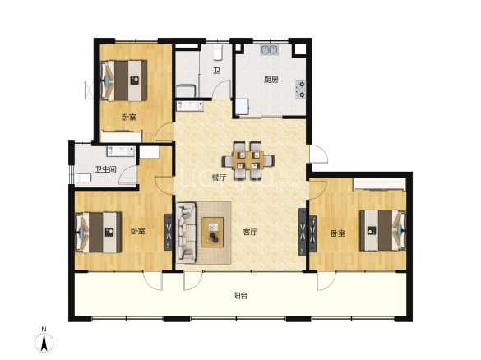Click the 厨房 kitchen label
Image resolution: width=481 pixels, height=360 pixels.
click(x=271, y=80)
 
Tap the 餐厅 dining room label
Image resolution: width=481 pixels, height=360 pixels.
click(x=220, y=178)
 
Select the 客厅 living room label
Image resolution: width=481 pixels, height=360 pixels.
click(x=250, y=232)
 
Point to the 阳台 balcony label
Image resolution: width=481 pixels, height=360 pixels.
click(x=240, y=296)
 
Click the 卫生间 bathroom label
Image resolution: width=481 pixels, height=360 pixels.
click(x=105, y=169)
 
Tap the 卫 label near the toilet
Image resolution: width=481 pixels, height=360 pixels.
click(x=216, y=71)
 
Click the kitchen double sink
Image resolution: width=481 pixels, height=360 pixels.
click(x=270, y=49)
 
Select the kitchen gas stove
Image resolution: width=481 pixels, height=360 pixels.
click(x=301, y=90)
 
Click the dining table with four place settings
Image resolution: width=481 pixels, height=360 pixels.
click(x=248, y=160)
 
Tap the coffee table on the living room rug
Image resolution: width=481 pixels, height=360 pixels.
click(x=213, y=232)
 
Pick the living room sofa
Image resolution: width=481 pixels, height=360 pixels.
click(x=186, y=233)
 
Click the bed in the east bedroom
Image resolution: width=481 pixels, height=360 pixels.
click(x=383, y=230)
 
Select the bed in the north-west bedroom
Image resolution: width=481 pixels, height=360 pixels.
click(x=123, y=81)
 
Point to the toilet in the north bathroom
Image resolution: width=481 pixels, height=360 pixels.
click(x=218, y=52)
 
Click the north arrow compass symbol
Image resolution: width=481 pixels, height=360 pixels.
click(x=44, y=340)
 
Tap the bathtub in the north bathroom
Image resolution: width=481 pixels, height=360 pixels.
click(x=186, y=91)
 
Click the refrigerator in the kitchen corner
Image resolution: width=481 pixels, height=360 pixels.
click(x=242, y=107)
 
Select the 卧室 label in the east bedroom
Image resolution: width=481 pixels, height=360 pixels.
click(x=338, y=233)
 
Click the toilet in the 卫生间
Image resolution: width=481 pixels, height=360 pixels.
click(x=82, y=178)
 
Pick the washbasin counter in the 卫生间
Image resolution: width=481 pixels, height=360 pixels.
click(x=121, y=151)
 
